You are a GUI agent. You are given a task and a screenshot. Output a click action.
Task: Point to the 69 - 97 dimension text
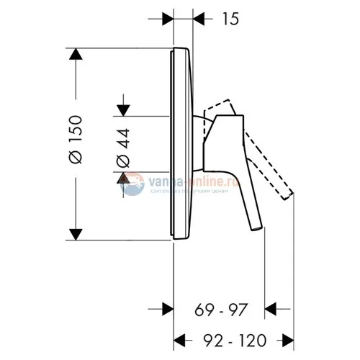221,310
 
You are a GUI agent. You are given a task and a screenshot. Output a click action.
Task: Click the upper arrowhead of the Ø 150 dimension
74,56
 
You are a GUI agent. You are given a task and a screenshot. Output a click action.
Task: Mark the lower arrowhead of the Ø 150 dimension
74,232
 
